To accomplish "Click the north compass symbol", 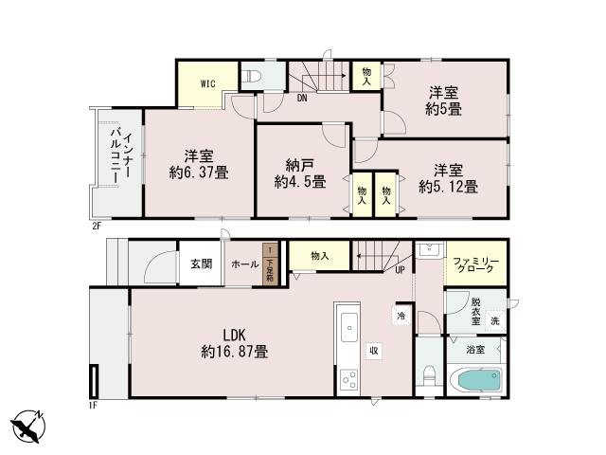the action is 27,426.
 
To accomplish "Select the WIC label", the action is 207,83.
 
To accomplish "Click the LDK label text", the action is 234,335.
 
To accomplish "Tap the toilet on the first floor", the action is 429,376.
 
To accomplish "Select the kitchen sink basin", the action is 349,327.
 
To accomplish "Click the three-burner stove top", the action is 349,379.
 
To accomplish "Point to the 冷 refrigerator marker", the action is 401,316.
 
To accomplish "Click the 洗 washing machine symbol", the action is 495,320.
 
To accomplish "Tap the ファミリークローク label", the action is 475,265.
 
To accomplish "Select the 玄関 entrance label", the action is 201,264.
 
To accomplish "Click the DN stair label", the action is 302,99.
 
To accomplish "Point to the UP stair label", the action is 400,270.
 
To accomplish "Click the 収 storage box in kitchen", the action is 374,351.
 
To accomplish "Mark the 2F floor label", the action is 97,227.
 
